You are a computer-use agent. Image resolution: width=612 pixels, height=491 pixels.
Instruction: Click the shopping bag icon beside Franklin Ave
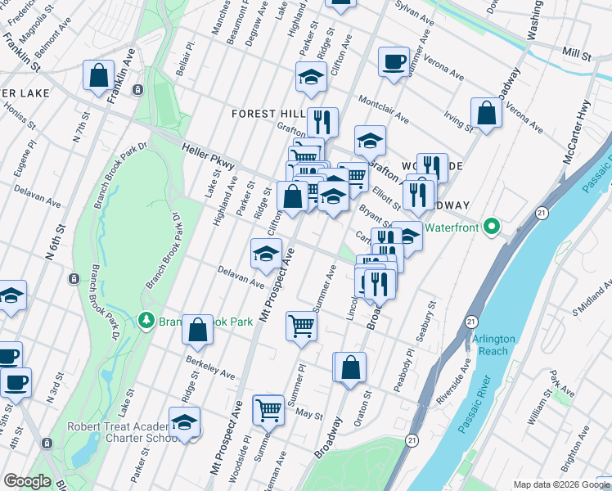[98, 75]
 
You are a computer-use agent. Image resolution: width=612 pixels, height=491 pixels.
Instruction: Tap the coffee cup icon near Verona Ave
[393, 61]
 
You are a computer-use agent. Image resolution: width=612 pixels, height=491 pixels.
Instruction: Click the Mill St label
[576, 53]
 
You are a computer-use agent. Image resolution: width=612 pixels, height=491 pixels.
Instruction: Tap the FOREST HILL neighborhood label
[268, 113]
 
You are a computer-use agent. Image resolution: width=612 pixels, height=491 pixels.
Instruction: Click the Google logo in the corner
[27, 481]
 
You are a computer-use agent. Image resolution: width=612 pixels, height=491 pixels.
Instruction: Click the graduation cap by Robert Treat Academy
[185, 422]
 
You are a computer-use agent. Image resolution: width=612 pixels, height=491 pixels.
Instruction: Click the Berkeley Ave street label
[209, 367]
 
